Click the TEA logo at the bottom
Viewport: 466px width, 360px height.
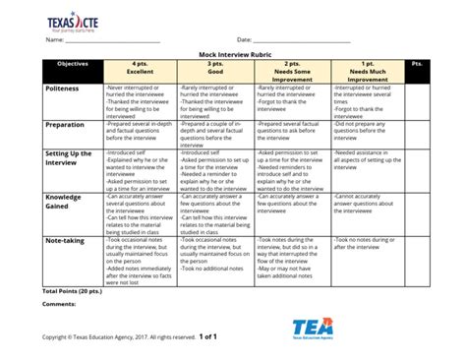click(x=314, y=328)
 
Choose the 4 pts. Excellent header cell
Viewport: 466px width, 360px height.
click(x=139, y=69)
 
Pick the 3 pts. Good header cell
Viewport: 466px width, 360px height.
click(x=215, y=69)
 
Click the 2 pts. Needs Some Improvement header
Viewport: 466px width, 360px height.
click(x=292, y=72)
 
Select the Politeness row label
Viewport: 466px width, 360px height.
click(x=66, y=89)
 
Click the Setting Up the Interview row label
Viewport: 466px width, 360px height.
click(x=69, y=158)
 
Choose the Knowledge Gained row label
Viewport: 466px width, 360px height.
click(x=65, y=201)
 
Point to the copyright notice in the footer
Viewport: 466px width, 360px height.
click(x=119, y=337)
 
